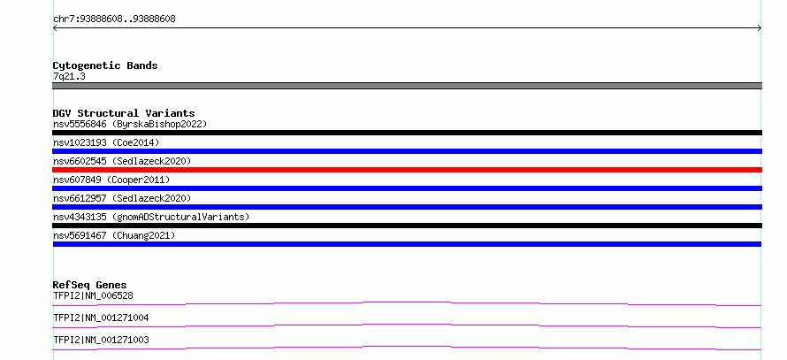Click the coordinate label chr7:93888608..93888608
coord(114,19)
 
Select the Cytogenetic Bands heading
coord(105,65)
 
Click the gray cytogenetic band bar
coord(407,86)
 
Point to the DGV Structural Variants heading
coord(124,113)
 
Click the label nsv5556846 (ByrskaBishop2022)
coord(130,124)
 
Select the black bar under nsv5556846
coord(407,133)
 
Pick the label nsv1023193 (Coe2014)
coord(106,142)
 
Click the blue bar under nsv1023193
coord(407,151)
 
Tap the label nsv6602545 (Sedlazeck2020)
coord(122,161)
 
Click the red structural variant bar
coord(407,170)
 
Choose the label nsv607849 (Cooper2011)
coord(111,180)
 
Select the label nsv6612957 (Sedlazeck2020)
coord(122,198)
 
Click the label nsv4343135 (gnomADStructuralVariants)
coord(151,217)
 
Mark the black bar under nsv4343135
coord(407,226)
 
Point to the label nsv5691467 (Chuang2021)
coord(114,235)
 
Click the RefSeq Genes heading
coord(90,285)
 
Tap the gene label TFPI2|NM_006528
coord(93,295)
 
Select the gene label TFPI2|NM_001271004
coord(101,318)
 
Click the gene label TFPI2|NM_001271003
coord(101,340)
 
